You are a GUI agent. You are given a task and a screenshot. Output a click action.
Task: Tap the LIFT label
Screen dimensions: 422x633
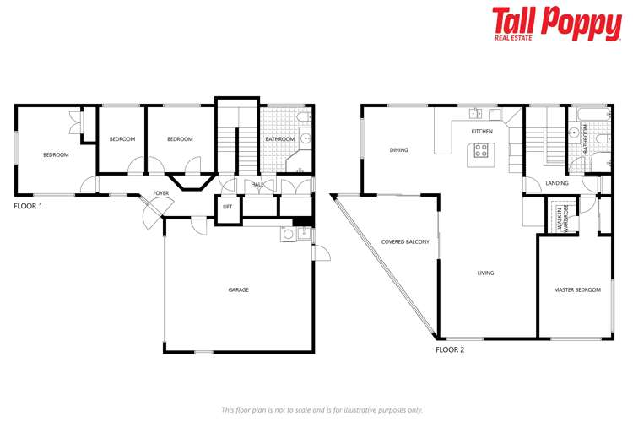coord(228,207)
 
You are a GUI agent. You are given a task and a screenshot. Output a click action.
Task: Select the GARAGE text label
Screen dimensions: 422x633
coord(238,289)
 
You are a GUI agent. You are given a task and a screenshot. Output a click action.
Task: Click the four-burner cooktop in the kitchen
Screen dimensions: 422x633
coord(482,152)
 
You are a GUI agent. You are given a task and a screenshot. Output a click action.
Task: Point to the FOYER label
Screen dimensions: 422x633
coord(160,193)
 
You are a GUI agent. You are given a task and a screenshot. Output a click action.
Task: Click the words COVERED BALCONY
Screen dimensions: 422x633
coord(405,242)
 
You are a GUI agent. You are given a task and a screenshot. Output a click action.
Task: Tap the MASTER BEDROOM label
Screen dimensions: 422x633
coord(577,289)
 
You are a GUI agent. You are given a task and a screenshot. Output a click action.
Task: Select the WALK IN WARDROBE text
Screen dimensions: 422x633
coord(561,218)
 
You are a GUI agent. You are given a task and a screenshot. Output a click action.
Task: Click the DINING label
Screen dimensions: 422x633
coord(398,150)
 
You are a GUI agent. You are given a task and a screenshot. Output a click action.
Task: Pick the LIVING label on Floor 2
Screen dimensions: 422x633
coord(485,273)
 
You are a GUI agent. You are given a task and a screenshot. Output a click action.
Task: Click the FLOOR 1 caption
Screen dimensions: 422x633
coord(28,206)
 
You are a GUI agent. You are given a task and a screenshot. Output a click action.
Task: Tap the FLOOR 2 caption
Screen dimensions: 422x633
coord(449,349)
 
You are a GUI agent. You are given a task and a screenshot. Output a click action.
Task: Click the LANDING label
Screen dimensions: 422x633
coord(557,183)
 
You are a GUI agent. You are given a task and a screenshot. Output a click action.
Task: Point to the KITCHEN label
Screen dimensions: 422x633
coord(482,133)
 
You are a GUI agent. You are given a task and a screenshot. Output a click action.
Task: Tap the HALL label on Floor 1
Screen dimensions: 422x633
coord(257,185)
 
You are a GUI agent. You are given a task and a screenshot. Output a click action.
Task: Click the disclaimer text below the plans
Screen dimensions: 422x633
coord(322,409)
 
